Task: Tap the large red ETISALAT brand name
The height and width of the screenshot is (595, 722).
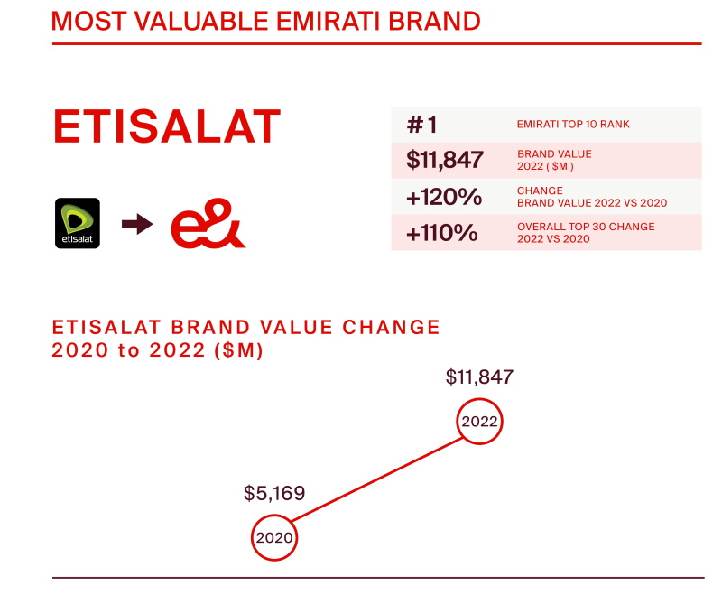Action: [x=167, y=126]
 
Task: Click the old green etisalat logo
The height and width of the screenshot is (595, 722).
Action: [x=78, y=223]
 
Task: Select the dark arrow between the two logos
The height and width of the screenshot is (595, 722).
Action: [x=137, y=224]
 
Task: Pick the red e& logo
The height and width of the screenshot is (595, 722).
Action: [x=208, y=223]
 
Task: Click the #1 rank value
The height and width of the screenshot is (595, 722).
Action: [x=421, y=125]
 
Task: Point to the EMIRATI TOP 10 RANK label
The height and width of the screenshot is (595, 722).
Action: [x=573, y=125]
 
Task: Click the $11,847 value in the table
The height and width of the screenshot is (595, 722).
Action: [x=444, y=160]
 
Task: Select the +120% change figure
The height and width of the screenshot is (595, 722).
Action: [x=444, y=197]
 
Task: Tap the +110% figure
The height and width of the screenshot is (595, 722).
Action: [x=441, y=233]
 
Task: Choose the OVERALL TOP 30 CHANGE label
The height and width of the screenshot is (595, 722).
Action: [x=586, y=227]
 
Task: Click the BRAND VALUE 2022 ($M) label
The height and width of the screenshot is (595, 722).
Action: [x=554, y=161]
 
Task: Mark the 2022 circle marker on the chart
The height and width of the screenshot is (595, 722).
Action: [x=479, y=400]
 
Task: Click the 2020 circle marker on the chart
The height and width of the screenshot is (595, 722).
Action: [x=274, y=516]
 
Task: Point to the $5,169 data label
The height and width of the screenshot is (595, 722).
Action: [x=274, y=493]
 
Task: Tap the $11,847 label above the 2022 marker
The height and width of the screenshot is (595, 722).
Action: [x=479, y=377]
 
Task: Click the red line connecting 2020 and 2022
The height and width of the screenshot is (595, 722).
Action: [x=377, y=479]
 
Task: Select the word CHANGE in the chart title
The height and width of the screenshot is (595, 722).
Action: [x=391, y=328]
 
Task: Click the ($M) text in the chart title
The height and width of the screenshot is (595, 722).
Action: [x=238, y=350]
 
